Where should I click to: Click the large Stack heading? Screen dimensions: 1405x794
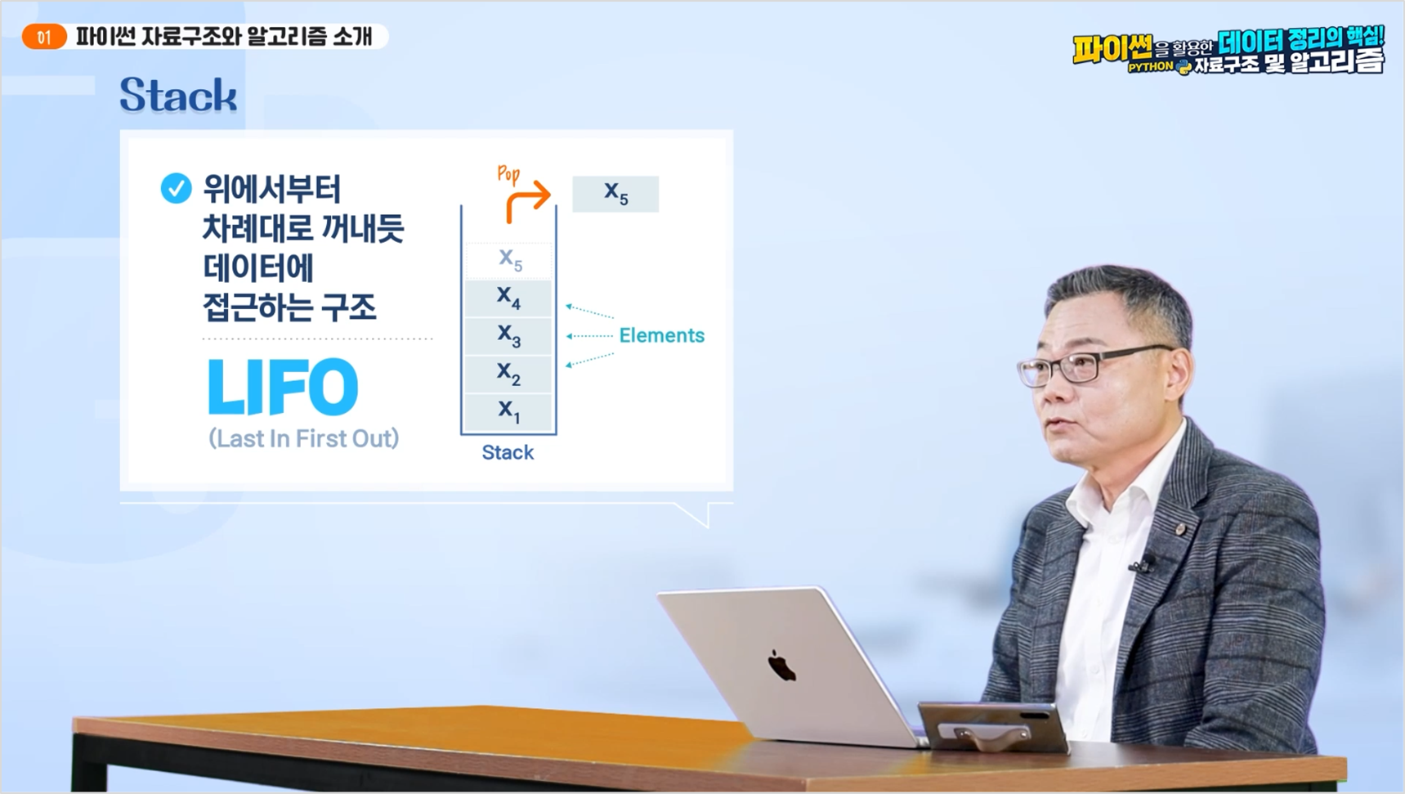(x=178, y=95)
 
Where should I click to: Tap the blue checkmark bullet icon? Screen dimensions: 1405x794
(x=176, y=188)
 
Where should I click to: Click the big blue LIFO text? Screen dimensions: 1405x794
(x=283, y=386)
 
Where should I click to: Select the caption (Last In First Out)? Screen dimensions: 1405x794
(x=304, y=438)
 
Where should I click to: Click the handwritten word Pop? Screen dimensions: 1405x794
(x=508, y=173)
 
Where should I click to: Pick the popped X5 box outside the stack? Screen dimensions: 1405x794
(x=615, y=194)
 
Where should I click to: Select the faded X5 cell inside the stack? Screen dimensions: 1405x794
(x=509, y=260)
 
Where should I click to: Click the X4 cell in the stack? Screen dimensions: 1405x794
(x=508, y=298)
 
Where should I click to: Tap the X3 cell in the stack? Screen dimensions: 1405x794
(x=508, y=336)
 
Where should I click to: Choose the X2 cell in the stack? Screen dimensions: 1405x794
(x=508, y=375)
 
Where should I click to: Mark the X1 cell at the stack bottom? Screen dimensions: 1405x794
(x=508, y=412)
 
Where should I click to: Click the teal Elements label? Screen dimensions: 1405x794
(x=661, y=335)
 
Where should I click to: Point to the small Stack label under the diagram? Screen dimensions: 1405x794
(x=508, y=452)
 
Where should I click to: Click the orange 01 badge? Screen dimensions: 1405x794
(x=44, y=37)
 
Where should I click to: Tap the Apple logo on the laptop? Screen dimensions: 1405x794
(x=781, y=666)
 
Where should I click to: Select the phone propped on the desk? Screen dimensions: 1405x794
(x=993, y=728)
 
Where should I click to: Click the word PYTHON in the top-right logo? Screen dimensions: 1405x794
(x=1150, y=67)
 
